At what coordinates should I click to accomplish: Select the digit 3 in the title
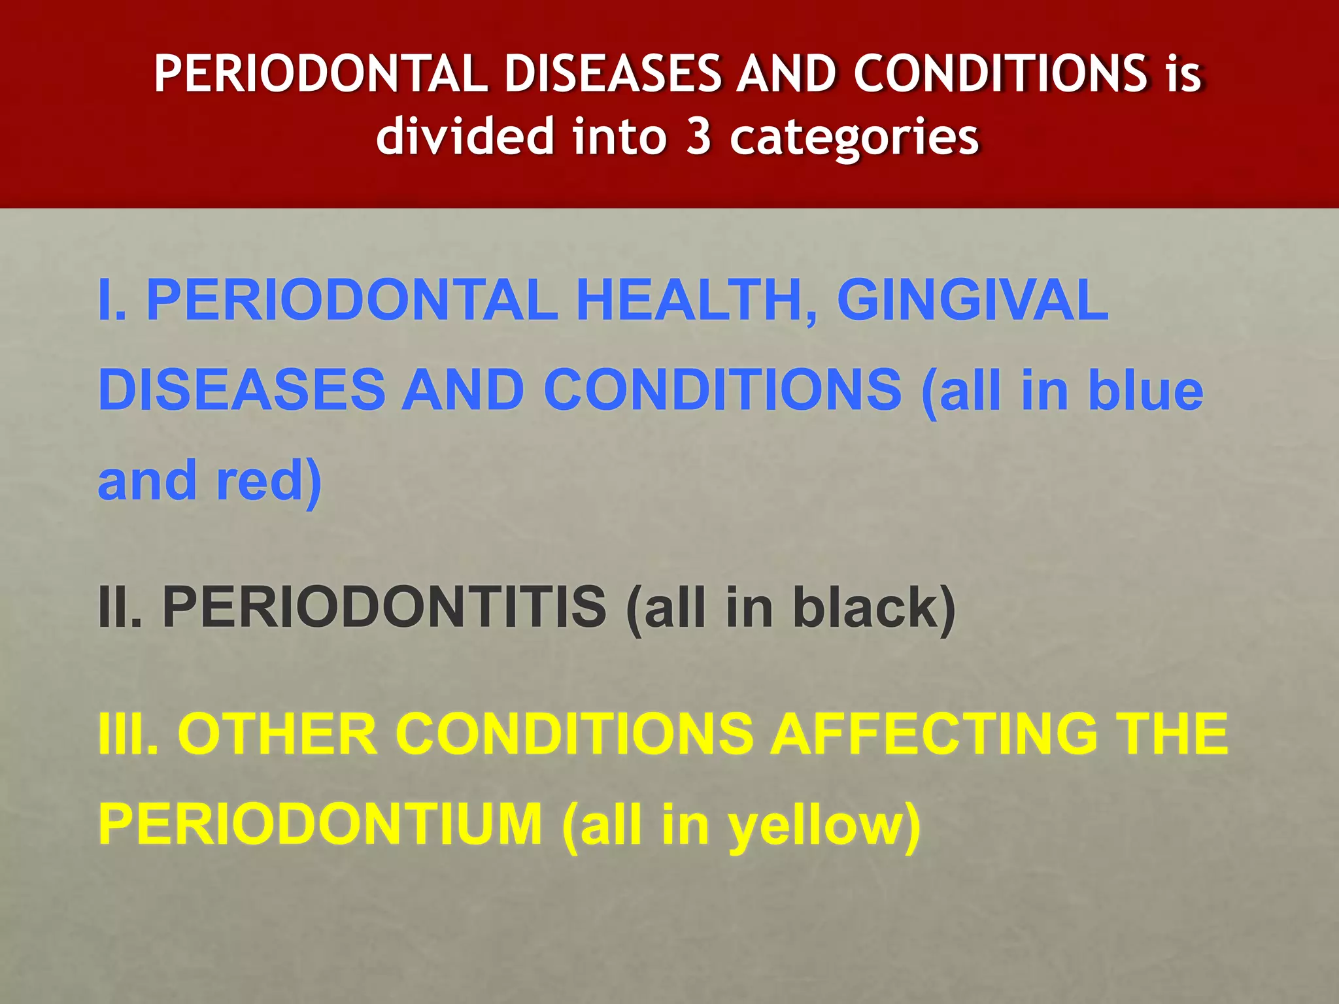(x=698, y=137)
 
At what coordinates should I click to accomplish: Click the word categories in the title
(x=854, y=138)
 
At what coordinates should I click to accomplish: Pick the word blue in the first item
(x=1144, y=390)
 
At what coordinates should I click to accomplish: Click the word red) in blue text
(x=269, y=480)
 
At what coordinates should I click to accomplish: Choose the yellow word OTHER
(x=278, y=733)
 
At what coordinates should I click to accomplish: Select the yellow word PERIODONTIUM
(x=320, y=824)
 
